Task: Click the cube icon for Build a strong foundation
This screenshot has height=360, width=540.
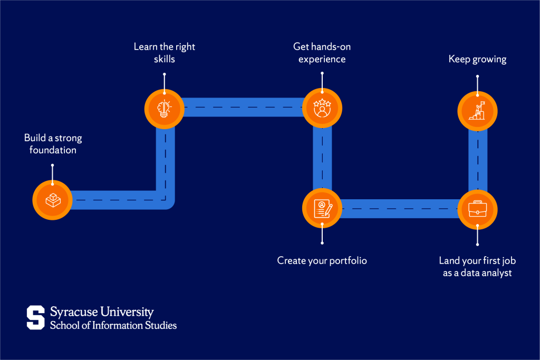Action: click(x=52, y=200)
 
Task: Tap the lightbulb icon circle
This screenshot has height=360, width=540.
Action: click(x=165, y=108)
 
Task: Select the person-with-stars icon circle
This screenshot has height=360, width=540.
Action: click(x=322, y=108)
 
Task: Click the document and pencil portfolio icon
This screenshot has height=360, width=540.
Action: click(x=322, y=208)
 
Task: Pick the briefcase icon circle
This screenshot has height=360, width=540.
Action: click(x=477, y=209)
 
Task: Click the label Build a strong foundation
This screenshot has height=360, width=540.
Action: click(x=53, y=144)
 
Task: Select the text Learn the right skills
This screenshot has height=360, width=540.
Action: click(x=164, y=53)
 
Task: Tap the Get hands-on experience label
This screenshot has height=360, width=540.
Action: click(x=322, y=53)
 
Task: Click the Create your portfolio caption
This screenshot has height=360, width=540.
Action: click(x=322, y=260)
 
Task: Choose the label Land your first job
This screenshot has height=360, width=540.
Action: click(x=477, y=266)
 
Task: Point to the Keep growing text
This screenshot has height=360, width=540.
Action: click(x=477, y=59)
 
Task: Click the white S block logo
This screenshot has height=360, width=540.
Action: click(x=36, y=317)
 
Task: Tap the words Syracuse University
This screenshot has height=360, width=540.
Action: click(x=102, y=312)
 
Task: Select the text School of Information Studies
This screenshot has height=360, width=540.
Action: click(x=113, y=325)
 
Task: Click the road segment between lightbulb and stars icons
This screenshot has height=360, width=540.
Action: click(x=243, y=108)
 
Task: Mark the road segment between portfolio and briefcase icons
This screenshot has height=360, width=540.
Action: click(x=399, y=209)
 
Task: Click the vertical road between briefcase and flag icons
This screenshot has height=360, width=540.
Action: click(x=477, y=158)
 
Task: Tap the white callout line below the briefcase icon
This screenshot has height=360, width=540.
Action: click(x=477, y=236)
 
